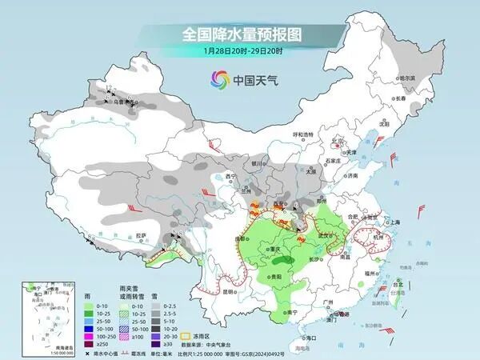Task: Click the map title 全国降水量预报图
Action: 239,34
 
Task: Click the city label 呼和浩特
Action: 301,134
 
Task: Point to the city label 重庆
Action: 276,250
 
